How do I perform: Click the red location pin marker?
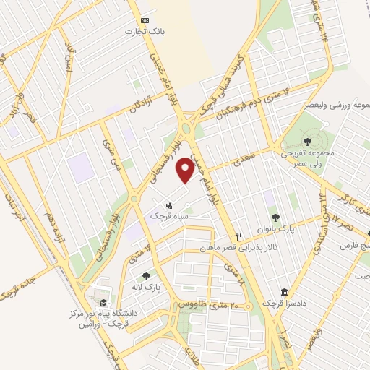186,169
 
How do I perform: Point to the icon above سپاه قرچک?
170,205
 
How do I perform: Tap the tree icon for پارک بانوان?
275,216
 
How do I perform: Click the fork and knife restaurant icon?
238,236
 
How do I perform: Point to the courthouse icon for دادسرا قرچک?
284,292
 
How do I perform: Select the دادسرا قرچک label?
280,304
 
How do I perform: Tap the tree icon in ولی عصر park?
309,141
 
